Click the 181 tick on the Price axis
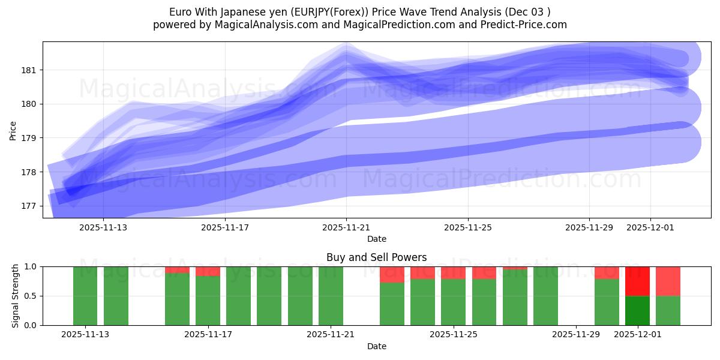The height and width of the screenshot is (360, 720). point(32,70)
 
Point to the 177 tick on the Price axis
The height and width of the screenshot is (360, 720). point(32,206)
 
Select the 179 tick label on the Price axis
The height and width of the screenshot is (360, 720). point(32,138)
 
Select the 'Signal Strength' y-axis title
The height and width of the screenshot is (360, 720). point(16,296)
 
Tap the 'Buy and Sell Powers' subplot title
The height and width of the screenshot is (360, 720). point(376,257)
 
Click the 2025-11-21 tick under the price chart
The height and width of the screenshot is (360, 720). point(346,227)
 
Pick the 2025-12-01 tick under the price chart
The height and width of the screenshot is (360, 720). point(650,227)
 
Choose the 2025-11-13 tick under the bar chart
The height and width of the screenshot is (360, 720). point(85,334)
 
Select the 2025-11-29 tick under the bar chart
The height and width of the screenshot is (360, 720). point(575,334)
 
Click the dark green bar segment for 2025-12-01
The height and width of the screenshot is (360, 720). point(637,310)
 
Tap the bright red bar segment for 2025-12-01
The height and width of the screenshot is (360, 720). point(637,281)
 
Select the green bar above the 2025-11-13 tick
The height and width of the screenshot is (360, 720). point(85,296)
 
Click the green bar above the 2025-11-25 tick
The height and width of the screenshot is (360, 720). point(453,302)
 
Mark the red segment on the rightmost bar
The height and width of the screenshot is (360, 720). point(668,281)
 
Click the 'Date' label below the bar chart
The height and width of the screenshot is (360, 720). point(376,346)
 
